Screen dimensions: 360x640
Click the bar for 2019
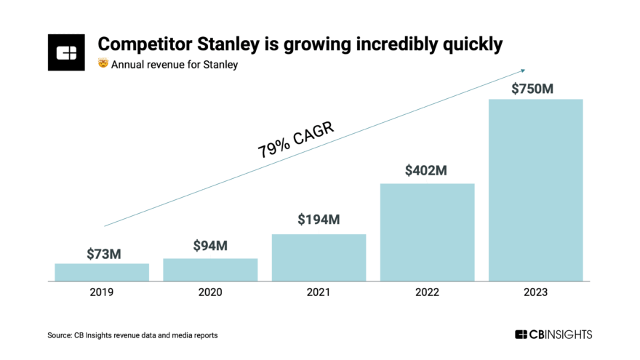point(102,272)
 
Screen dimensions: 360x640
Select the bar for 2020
point(210,269)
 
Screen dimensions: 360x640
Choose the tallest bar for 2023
point(535,189)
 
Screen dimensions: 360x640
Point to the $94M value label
point(210,246)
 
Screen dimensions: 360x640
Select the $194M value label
point(319,220)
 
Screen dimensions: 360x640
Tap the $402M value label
point(427,171)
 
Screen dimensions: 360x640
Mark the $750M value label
point(535,89)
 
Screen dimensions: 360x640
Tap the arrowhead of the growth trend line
point(521,70)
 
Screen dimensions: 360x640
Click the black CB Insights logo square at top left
point(67,52)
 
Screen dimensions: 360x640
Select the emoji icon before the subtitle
point(103,65)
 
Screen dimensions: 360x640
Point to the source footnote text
point(132,335)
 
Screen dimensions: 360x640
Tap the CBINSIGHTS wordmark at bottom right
point(553,335)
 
